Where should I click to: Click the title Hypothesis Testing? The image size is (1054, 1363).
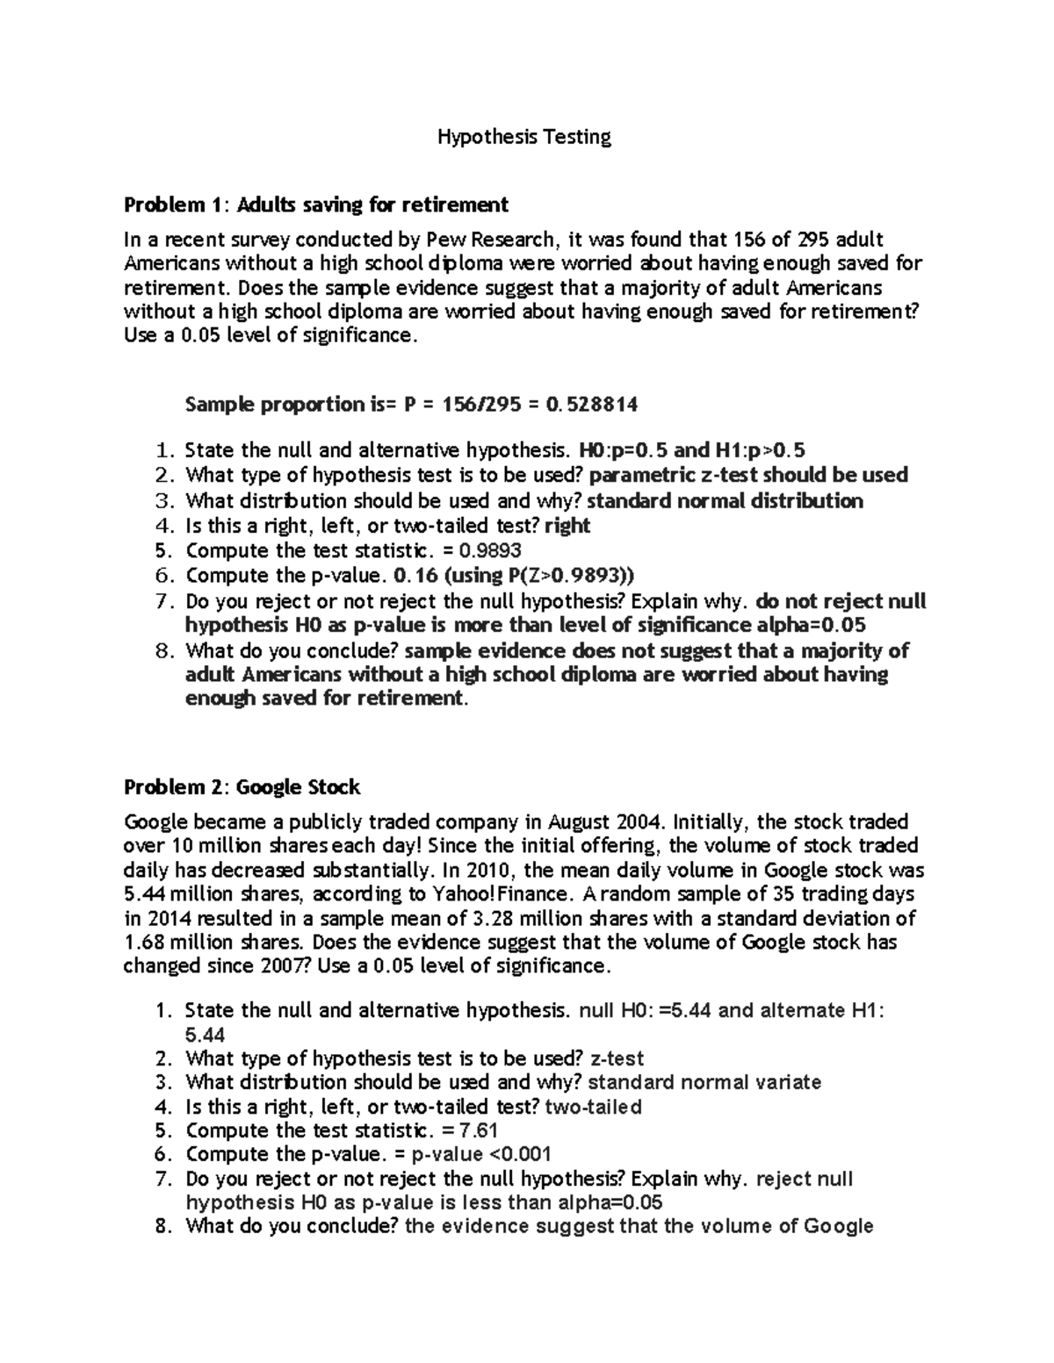(524, 137)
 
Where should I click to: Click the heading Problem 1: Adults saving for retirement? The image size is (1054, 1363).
(316, 205)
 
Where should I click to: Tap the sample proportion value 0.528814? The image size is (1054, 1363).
(591, 405)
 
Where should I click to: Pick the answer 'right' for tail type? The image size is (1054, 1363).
(567, 526)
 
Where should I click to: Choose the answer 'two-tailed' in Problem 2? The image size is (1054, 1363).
(594, 1107)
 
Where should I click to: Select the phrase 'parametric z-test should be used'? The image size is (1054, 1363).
(748, 476)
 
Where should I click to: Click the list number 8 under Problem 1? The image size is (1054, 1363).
(160, 651)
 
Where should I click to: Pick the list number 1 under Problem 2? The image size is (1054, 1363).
(160, 1010)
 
